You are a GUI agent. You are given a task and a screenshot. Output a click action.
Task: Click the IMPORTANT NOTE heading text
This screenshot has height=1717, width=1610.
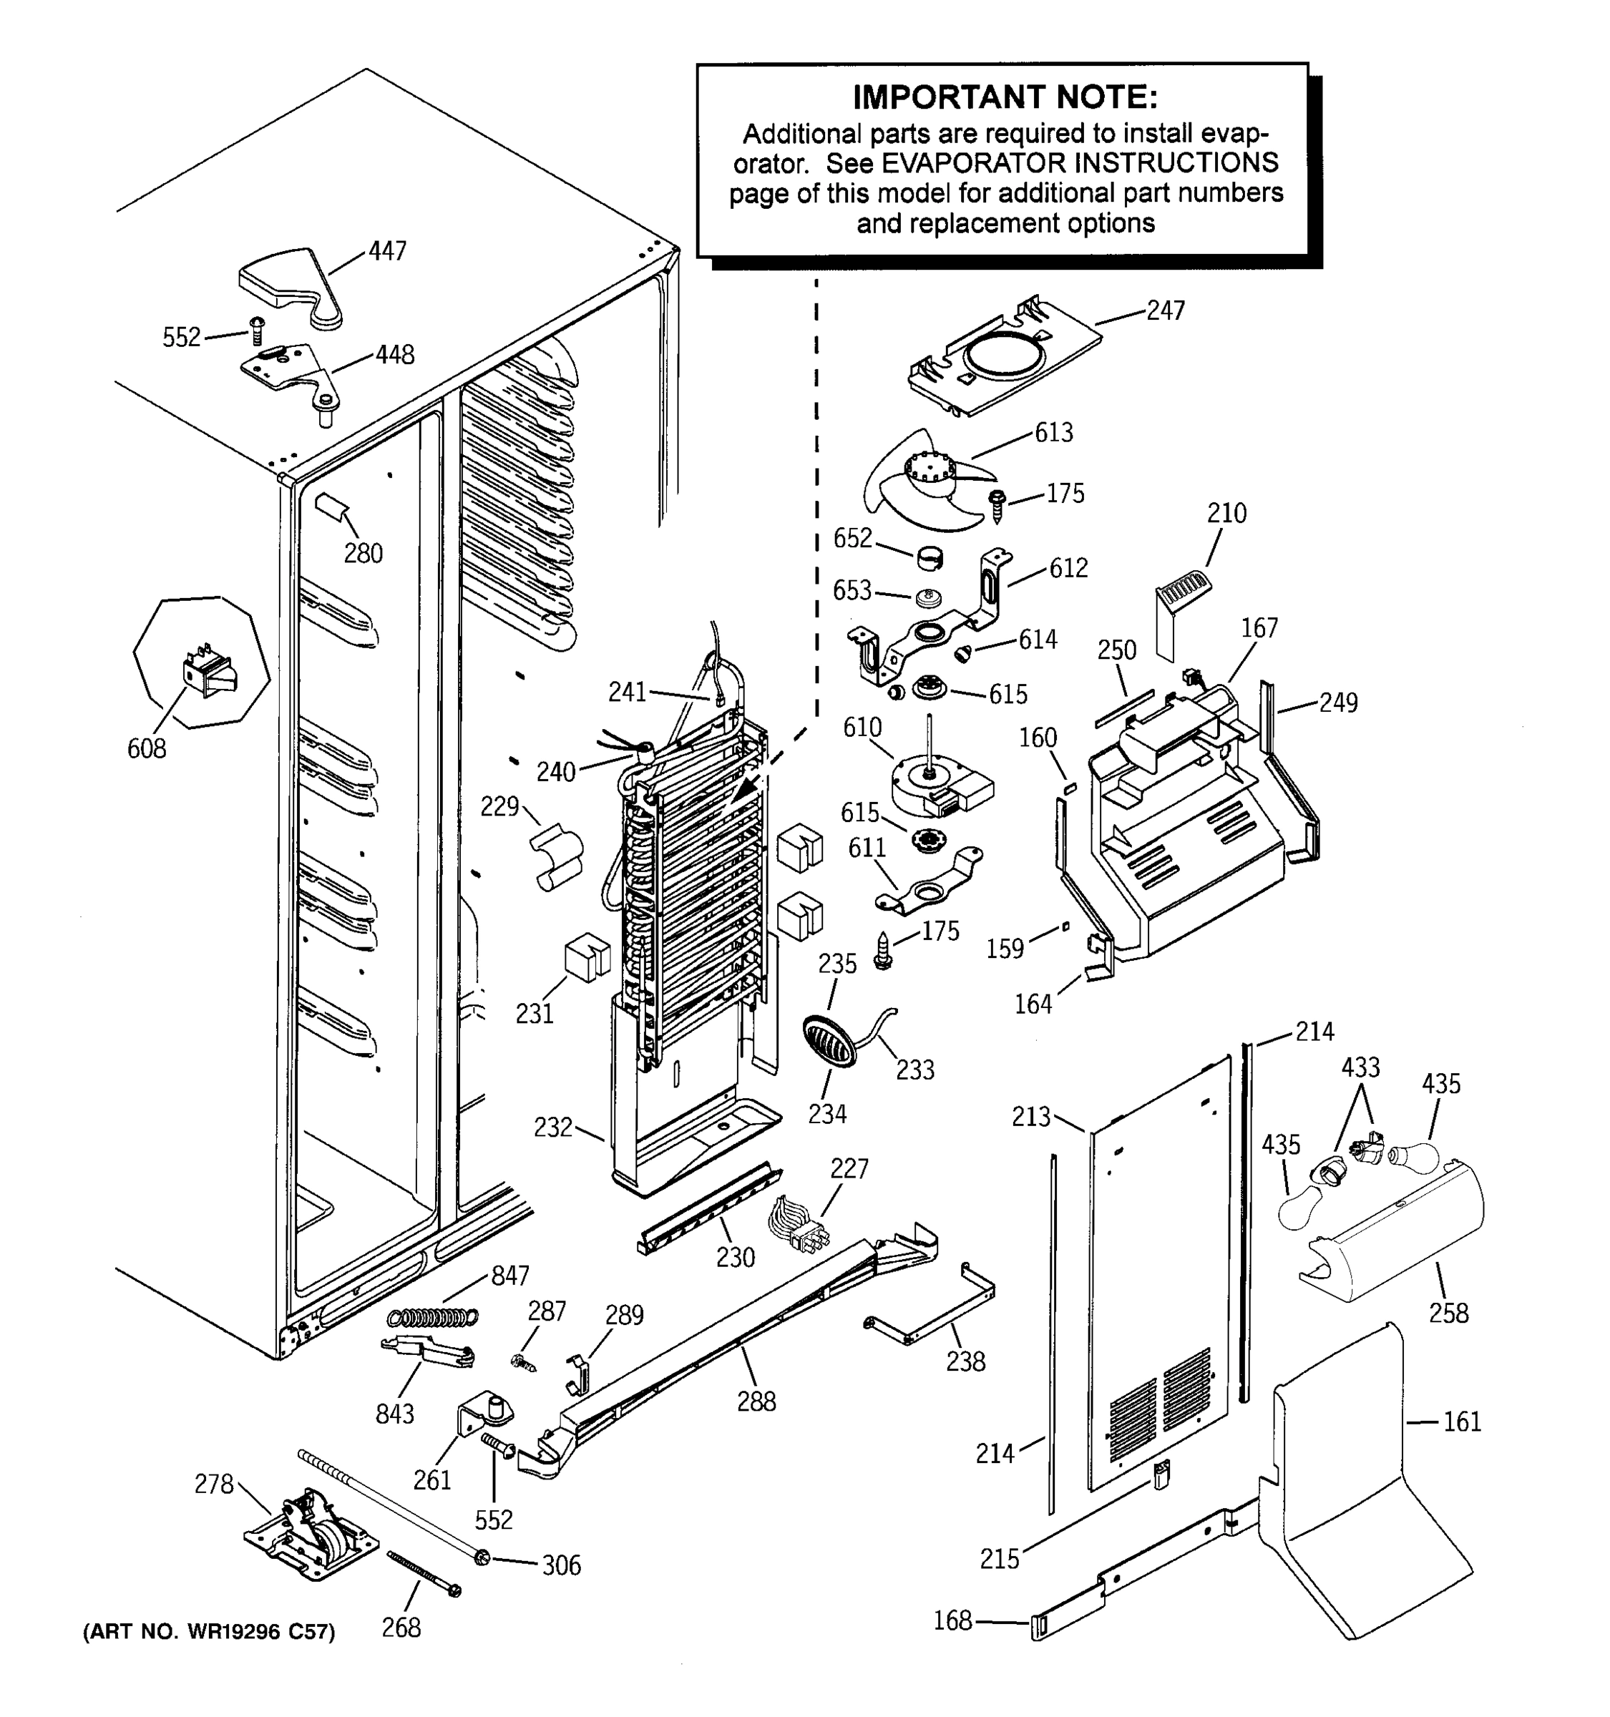coord(1005,97)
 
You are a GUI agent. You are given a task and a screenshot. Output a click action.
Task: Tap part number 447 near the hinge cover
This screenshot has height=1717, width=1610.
coord(387,250)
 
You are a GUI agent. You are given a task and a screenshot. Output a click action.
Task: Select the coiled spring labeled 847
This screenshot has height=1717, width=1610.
coord(433,1316)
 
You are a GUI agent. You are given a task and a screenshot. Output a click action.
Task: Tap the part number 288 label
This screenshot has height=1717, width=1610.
coord(756,1401)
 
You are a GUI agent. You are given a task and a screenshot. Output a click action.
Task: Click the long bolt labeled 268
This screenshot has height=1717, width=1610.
coord(422,1574)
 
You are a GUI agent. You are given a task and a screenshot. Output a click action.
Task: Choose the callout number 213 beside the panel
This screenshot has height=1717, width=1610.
coord(1031,1117)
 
